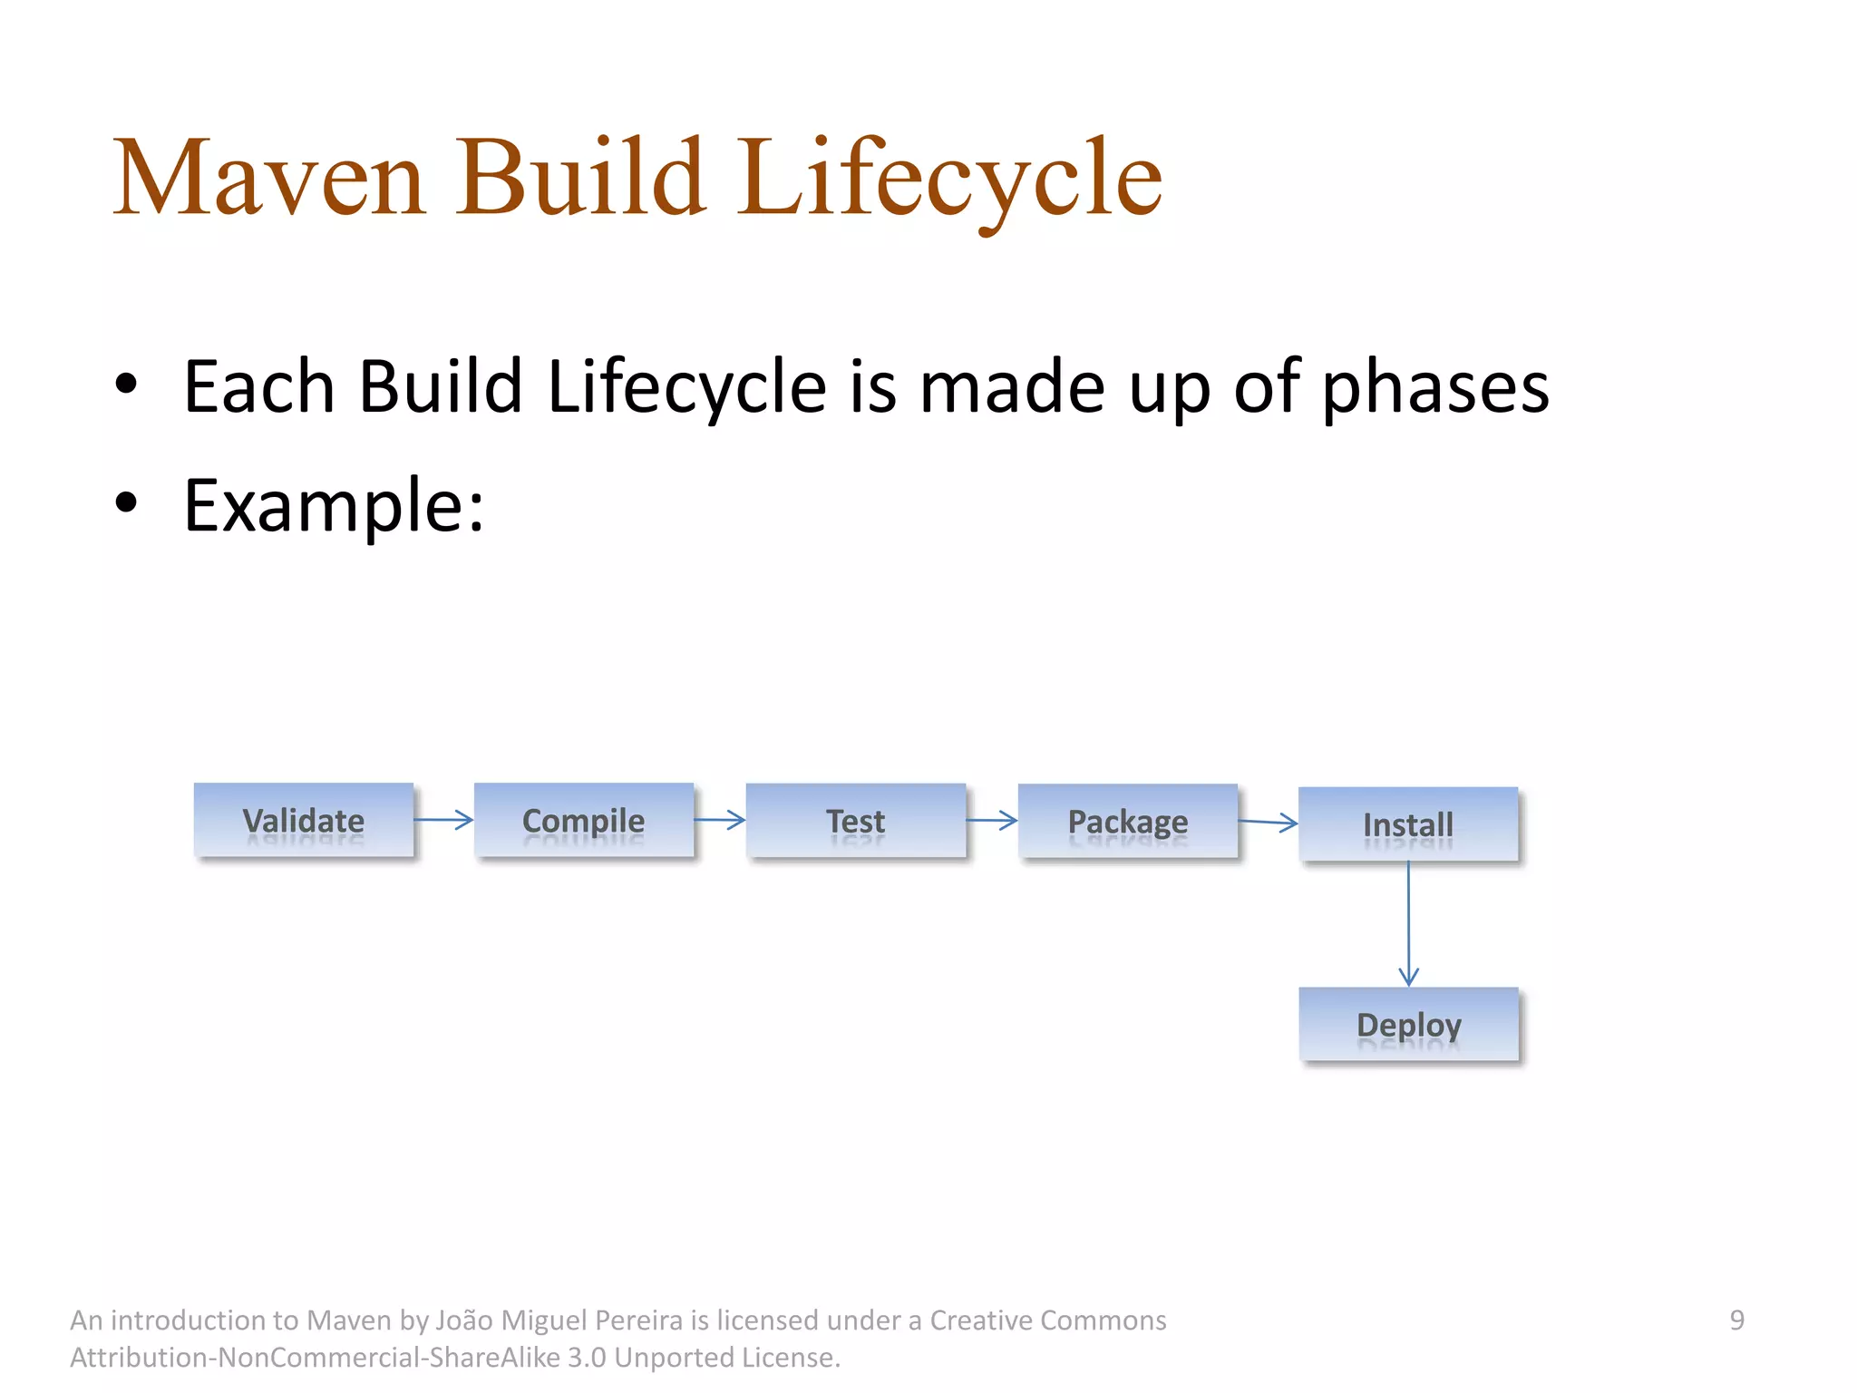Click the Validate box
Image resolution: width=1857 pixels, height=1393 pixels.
pos(304,820)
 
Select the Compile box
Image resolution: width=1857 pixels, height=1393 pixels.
pos(584,820)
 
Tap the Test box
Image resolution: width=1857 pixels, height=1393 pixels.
pos(855,821)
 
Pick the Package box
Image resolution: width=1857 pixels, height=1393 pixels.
pos(1127,821)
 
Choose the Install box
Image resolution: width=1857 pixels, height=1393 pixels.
pos(1408,823)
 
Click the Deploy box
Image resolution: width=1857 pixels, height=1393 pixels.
pos(1408,1024)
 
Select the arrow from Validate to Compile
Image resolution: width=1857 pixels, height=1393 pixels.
pos(443,820)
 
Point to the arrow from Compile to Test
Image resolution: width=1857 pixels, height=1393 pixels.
pos(719,820)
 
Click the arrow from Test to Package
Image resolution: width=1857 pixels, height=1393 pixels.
pos(991,821)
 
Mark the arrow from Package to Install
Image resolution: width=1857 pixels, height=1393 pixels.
pos(1268,823)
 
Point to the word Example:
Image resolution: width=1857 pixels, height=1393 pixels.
pos(334,506)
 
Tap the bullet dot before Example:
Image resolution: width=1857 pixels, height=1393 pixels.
pos(126,502)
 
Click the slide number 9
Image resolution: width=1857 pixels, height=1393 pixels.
pos(1736,1320)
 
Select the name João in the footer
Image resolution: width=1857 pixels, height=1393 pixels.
pos(465,1320)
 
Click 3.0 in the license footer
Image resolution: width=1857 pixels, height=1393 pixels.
pos(587,1358)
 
